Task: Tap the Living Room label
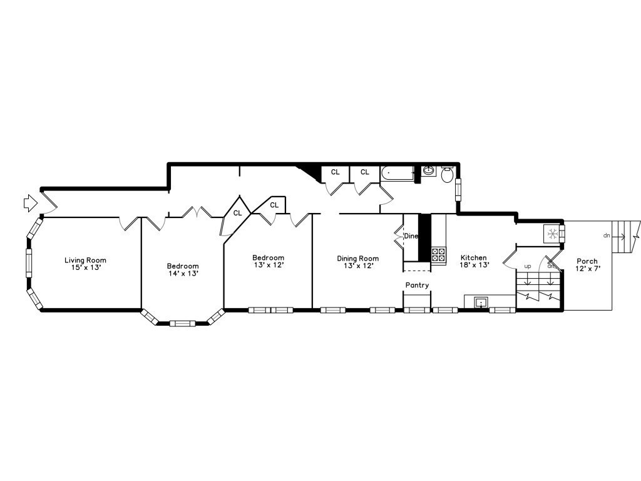coord(85,260)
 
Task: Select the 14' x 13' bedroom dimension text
coord(182,273)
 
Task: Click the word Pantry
coord(417,286)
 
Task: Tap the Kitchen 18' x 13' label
coord(474,261)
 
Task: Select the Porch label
coord(587,261)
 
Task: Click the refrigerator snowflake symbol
coord(552,234)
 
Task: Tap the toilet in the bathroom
coord(448,175)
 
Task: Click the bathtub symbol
coord(398,172)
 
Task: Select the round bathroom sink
coord(429,170)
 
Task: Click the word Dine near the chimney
coord(411,236)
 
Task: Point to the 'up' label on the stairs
coord(527,266)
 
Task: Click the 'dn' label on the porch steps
coord(606,236)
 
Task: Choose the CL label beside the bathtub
coord(364,172)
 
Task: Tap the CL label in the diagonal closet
coord(238,213)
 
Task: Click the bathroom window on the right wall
coord(458,188)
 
